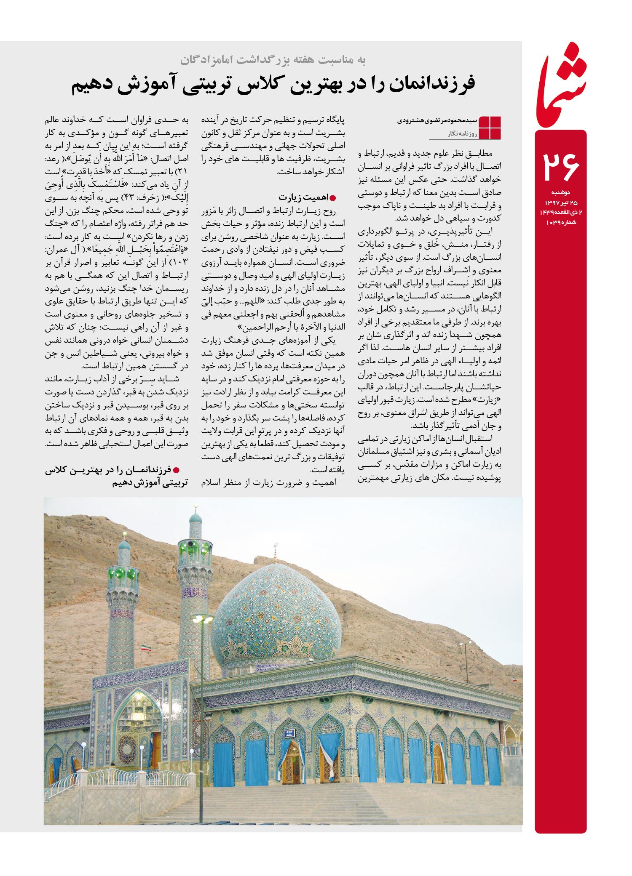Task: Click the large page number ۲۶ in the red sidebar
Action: click(x=561, y=166)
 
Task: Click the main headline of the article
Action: click(x=273, y=83)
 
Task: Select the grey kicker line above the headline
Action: click(x=273, y=60)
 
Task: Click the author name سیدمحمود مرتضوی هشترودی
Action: click(x=437, y=121)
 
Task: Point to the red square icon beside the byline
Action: click(x=490, y=127)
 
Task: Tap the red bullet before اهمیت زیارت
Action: click(x=333, y=198)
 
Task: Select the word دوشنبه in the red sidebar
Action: click(x=561, y=192)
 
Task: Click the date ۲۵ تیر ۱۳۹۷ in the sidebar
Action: click(x=561, y=202)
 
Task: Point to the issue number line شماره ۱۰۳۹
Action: click(x=561, y=222)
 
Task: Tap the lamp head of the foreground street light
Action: click(x=202, y=619)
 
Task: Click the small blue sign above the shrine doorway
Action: click(x=289, y=733)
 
